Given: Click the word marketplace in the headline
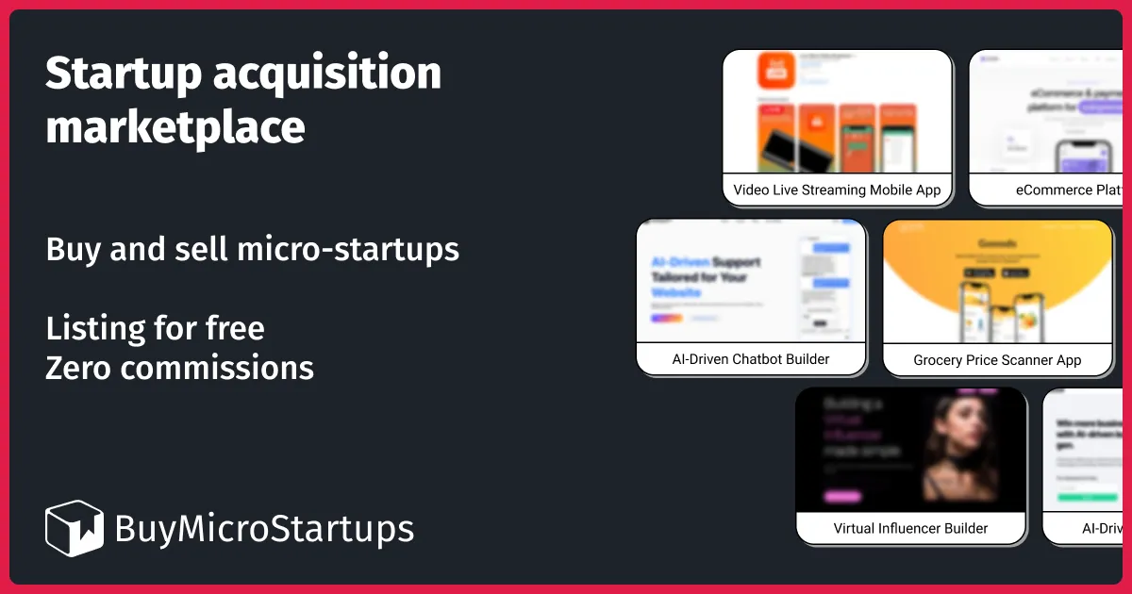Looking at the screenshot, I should point(175,127).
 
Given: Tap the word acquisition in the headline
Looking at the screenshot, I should point(326,74).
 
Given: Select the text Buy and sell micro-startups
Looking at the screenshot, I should point(252,250).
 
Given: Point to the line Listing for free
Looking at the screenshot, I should point(155,328).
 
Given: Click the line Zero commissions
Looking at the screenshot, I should point(179,367).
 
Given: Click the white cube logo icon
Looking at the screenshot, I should point(74,528).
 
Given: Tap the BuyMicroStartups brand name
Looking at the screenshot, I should point(264,529).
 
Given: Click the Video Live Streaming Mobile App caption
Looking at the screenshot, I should point(837,190).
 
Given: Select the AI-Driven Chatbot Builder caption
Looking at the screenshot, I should point(751,359).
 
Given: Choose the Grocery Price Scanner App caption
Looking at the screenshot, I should point(997,360).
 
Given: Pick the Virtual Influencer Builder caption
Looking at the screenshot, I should point(910,528).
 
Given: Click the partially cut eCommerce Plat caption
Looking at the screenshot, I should point(1067,190).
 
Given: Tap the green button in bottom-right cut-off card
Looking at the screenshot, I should point(1087,497).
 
